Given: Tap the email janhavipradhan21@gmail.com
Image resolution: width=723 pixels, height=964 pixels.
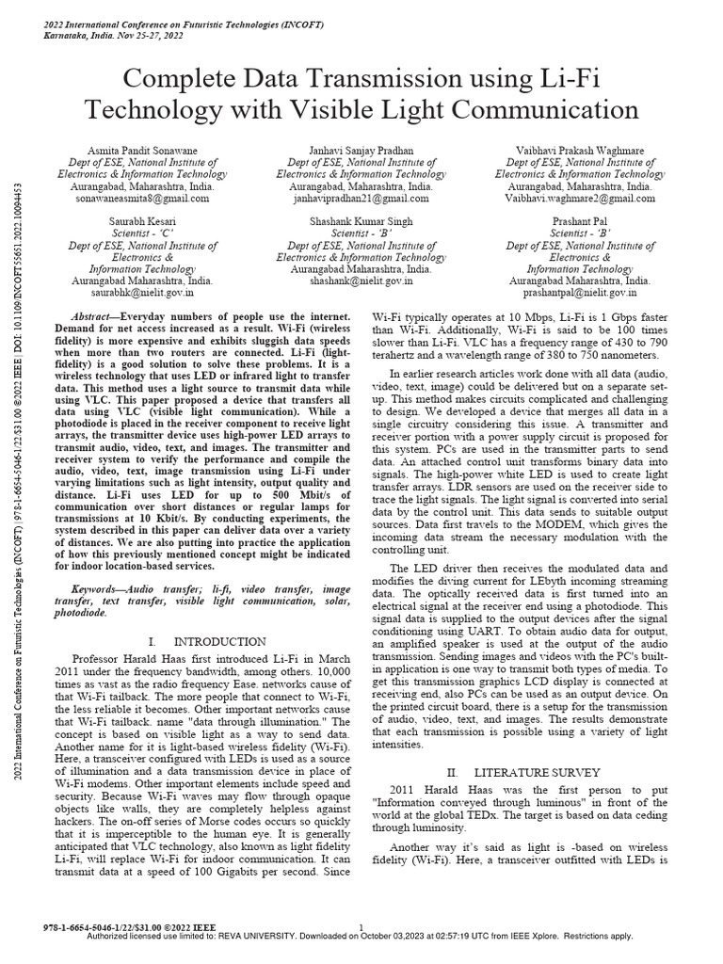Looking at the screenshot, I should (x=361, y=199).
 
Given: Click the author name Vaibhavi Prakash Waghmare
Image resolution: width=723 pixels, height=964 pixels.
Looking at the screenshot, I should (x=580, y=151).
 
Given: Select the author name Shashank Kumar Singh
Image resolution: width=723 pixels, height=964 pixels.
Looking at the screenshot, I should (x=361, y=217).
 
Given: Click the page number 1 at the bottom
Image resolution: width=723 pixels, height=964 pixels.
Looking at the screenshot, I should (x=361, y=926).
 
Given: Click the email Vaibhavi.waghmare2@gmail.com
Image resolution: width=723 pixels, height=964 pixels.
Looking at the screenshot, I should (x=580, y=199).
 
